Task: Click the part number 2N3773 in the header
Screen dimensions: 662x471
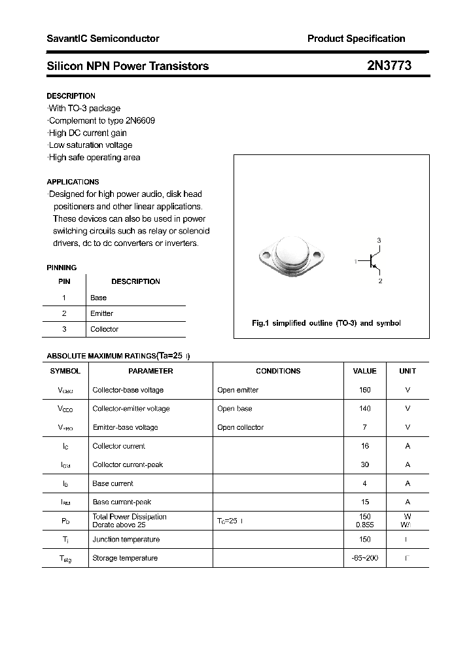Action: pyautogui.click(x=389, y=65)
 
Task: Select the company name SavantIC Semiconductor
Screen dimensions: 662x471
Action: pyautogui.click(x=103, y=39)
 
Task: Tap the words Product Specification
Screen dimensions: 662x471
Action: pyautogui.click(x=356, y=39)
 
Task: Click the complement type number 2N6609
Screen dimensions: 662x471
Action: pyautogui.click(x=141, y=120)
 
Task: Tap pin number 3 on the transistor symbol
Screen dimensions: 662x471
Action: pyautogui.click(x=379, y=241)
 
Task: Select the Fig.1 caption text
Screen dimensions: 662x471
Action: pyautogui.click(x=326, y=323)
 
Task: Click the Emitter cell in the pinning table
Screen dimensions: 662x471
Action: pyautogui.click(x=101, y=313)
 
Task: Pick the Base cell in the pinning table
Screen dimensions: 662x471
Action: pyautogui.click(x=98, y=298)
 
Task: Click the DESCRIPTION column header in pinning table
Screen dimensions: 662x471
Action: pyautogui.click(x=135, y=281)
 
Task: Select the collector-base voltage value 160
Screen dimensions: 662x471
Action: pyautogui.click(x=364, y=390)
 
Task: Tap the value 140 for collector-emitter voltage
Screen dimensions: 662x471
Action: pyautogui.click(x=364, y=408)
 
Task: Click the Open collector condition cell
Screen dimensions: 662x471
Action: pyautogui.click(x=240, y=427)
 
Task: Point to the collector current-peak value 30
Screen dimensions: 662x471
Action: pyautogui.click(x=364, y=464)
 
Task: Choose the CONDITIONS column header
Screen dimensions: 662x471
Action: pyautogui.click(x=278, y=371)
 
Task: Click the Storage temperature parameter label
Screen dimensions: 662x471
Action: pyautogui.click(x=125, y=558)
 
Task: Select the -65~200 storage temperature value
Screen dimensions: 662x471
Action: pyautogui.click(x=364, y=558)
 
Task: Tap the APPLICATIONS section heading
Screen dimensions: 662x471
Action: pyautogui.click(x=73, y=182)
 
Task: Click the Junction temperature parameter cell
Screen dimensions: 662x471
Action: pyautogui.click(x=126, y=540)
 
